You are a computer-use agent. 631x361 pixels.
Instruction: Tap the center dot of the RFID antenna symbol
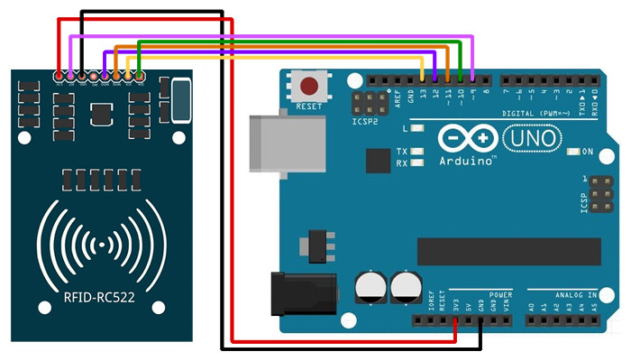[102, 245]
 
